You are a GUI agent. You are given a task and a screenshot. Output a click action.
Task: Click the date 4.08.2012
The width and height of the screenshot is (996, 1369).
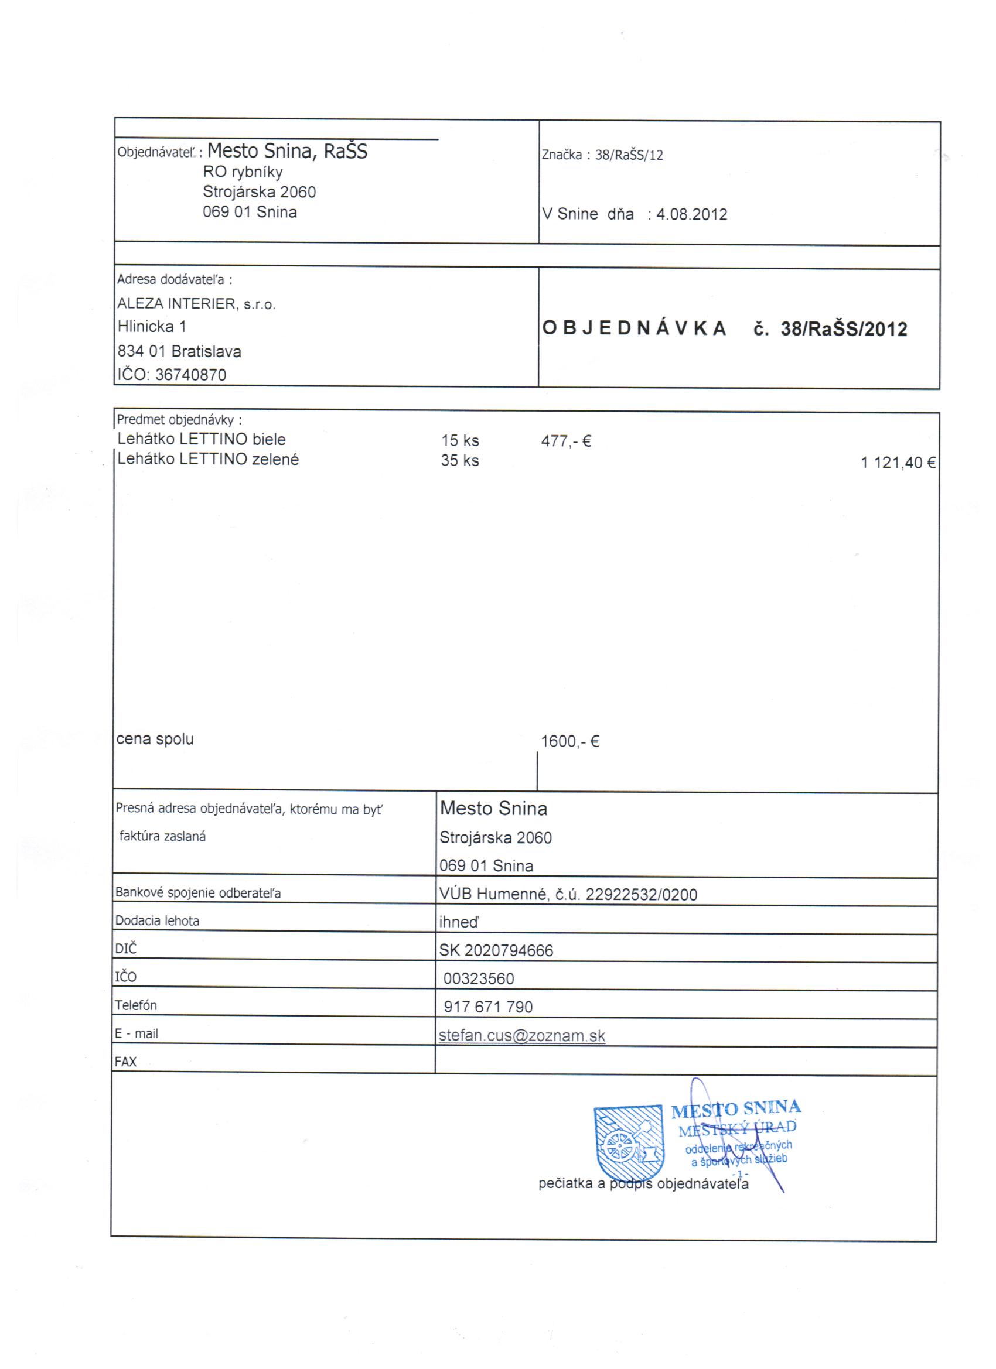691,214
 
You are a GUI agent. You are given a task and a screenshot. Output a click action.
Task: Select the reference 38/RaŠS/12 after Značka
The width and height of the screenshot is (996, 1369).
629,155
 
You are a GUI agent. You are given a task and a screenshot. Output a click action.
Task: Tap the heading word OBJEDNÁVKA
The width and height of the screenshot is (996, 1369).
634,328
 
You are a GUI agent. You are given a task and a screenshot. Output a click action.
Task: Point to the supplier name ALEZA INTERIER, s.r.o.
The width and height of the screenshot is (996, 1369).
196,304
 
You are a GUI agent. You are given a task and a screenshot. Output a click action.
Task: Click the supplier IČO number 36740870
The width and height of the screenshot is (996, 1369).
190,375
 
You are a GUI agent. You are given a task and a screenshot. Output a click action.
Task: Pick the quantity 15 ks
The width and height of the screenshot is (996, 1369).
460,441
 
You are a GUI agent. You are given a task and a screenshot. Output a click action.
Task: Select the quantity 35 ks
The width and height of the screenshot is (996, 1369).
460,461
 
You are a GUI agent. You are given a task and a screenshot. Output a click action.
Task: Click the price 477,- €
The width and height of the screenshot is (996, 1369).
566,441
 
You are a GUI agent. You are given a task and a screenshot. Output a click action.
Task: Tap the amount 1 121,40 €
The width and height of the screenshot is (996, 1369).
898,463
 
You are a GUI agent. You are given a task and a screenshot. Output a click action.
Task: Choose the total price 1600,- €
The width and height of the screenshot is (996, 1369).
569,741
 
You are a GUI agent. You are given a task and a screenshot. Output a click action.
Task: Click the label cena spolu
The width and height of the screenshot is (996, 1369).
155,739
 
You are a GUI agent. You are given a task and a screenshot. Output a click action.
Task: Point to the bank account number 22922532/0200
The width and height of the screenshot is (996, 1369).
642,895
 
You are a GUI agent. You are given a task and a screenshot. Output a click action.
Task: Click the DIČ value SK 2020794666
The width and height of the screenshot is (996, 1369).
496,951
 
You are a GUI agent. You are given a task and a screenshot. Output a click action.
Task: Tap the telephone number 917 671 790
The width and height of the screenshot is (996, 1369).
488,1007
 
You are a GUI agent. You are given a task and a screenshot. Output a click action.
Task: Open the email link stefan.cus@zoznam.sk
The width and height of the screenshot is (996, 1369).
522,1036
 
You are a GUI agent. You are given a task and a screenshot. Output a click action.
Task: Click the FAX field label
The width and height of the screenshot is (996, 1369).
125,1062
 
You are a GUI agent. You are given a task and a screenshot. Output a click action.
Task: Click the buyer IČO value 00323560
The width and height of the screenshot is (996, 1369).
478,978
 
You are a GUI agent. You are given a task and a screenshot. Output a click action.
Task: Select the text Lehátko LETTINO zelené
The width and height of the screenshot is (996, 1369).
208,459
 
